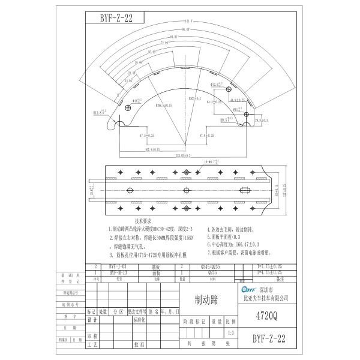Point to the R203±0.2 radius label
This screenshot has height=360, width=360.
(x=194, y=97)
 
